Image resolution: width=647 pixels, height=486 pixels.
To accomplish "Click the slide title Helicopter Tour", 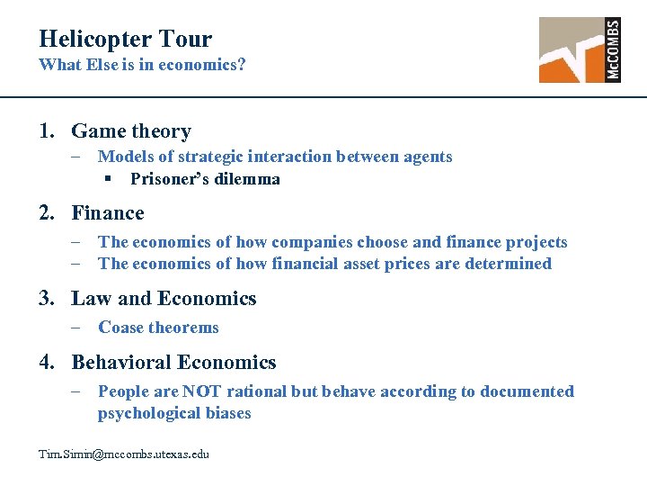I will point(125,39).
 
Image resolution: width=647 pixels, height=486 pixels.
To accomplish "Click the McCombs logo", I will point(580,49).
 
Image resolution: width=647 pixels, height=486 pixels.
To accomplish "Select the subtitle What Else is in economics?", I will point(143,66).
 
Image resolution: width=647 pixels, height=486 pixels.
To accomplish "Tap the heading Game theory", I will point(131,131).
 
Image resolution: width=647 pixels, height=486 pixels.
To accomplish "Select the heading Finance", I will point(108,213).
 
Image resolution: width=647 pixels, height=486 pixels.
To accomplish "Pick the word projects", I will point(536,242).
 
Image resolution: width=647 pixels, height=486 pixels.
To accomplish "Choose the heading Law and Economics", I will point(164,299).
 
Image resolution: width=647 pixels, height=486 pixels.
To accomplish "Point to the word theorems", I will point(185,328).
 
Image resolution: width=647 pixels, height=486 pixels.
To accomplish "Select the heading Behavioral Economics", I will point(173,363).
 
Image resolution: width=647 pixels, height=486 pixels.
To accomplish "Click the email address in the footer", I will point(124,454).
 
